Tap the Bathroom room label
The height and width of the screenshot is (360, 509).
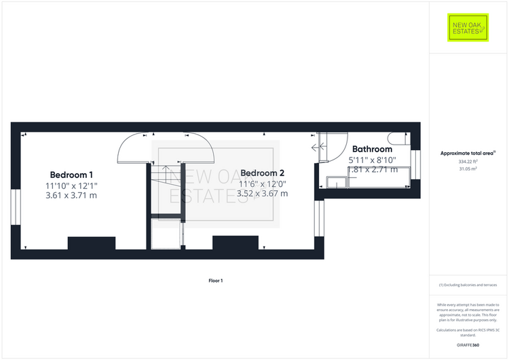[x=372, y=149]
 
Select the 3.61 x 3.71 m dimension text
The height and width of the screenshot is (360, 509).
[x=71, y=196]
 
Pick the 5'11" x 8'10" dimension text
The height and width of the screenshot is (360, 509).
[x=372, y=160]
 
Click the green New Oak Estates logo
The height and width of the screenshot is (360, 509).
[x=469, y=28]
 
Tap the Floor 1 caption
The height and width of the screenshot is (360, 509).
[x=216, y=281]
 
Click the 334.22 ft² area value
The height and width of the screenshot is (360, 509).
[x=468, y=162]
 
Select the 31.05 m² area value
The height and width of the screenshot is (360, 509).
[x=468, y=168]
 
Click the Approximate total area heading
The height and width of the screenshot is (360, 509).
[x=468, y=154]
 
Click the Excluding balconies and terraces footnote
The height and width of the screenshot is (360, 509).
[x=468, y=285]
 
